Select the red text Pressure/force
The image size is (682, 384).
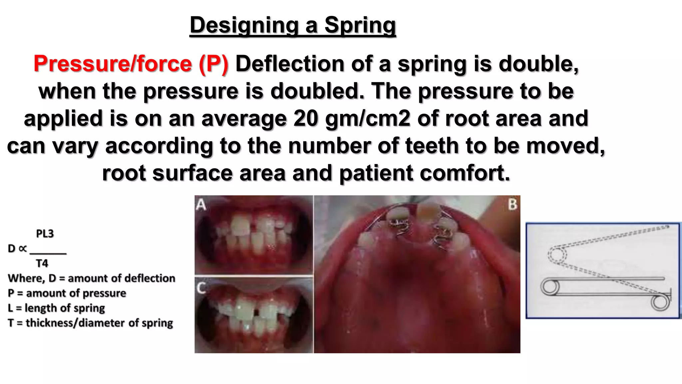click(113, 63)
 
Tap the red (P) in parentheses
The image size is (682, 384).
click(213, 63)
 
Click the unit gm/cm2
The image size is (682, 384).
click(368, 118)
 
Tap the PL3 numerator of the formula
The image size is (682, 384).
click(45, 234)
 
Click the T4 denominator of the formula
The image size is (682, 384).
click(42, 263)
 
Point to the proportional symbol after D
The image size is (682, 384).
click(23, 249)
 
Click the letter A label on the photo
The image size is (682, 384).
click(201, 204)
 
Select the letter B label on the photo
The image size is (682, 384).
click(512, 204)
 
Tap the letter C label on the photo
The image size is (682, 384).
click(201, 287)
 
